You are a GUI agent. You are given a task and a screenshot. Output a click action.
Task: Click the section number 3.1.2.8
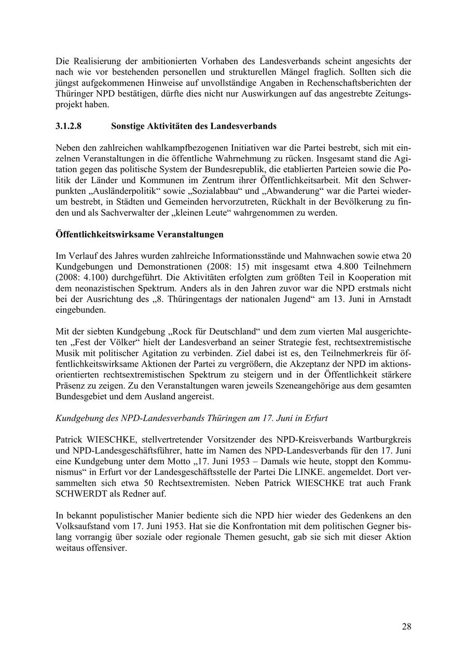[x=68, y=126]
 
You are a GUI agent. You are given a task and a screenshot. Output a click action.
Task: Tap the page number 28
[x=406, y=626]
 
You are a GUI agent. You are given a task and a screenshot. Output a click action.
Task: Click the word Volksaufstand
[x=83, y=526]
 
